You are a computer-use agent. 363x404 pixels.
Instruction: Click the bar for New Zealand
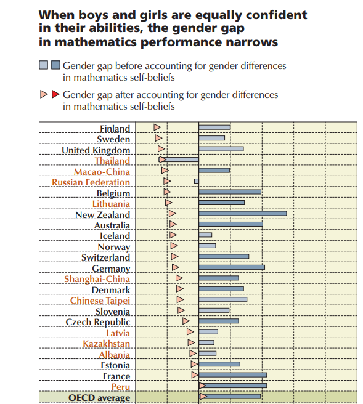click(243, 213)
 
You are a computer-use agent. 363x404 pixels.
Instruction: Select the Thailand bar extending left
click(179, 160)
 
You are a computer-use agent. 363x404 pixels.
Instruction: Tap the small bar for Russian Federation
click(197, 181)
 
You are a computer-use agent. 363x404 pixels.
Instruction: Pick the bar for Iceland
click(205, 235)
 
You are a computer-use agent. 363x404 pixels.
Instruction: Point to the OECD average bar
click(230, 396)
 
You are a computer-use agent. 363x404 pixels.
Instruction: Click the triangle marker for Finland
click(157, 127)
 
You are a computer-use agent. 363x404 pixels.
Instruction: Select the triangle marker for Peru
click(202, 386)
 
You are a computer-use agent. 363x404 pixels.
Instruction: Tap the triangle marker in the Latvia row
click(190, 331)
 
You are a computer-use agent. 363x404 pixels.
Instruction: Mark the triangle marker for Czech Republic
click(186, 321)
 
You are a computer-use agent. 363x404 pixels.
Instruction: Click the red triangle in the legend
click(55, 94)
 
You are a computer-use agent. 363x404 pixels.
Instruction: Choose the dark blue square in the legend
click(55, 65)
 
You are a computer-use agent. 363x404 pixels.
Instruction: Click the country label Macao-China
click(102, 172)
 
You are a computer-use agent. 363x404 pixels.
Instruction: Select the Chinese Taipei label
click(100, 301)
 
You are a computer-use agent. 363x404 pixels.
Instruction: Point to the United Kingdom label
click(96, 150)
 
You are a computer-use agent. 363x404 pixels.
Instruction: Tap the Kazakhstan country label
click(106, 344)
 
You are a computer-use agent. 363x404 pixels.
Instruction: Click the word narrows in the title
click(251, 42)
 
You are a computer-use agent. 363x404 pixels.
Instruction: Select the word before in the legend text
click(128, 66)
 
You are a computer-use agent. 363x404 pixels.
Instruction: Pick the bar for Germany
click(232, 267)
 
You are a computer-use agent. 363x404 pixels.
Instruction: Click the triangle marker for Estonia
click(194, 364)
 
